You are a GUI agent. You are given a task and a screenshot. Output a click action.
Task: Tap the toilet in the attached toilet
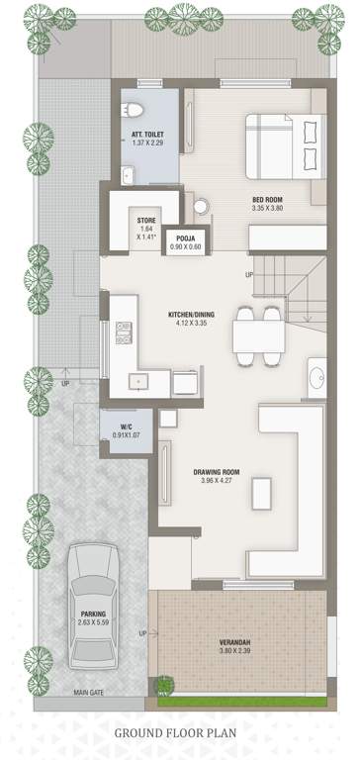tap(138, 109)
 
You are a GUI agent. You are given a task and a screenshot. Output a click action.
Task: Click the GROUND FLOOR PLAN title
tap(180, 733)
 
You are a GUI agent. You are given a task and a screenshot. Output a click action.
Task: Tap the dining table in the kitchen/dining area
tap(259, 336)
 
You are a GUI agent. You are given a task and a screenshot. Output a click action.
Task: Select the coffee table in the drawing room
tap(261, 492)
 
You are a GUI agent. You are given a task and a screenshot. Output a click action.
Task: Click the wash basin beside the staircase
tap(316, 378)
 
